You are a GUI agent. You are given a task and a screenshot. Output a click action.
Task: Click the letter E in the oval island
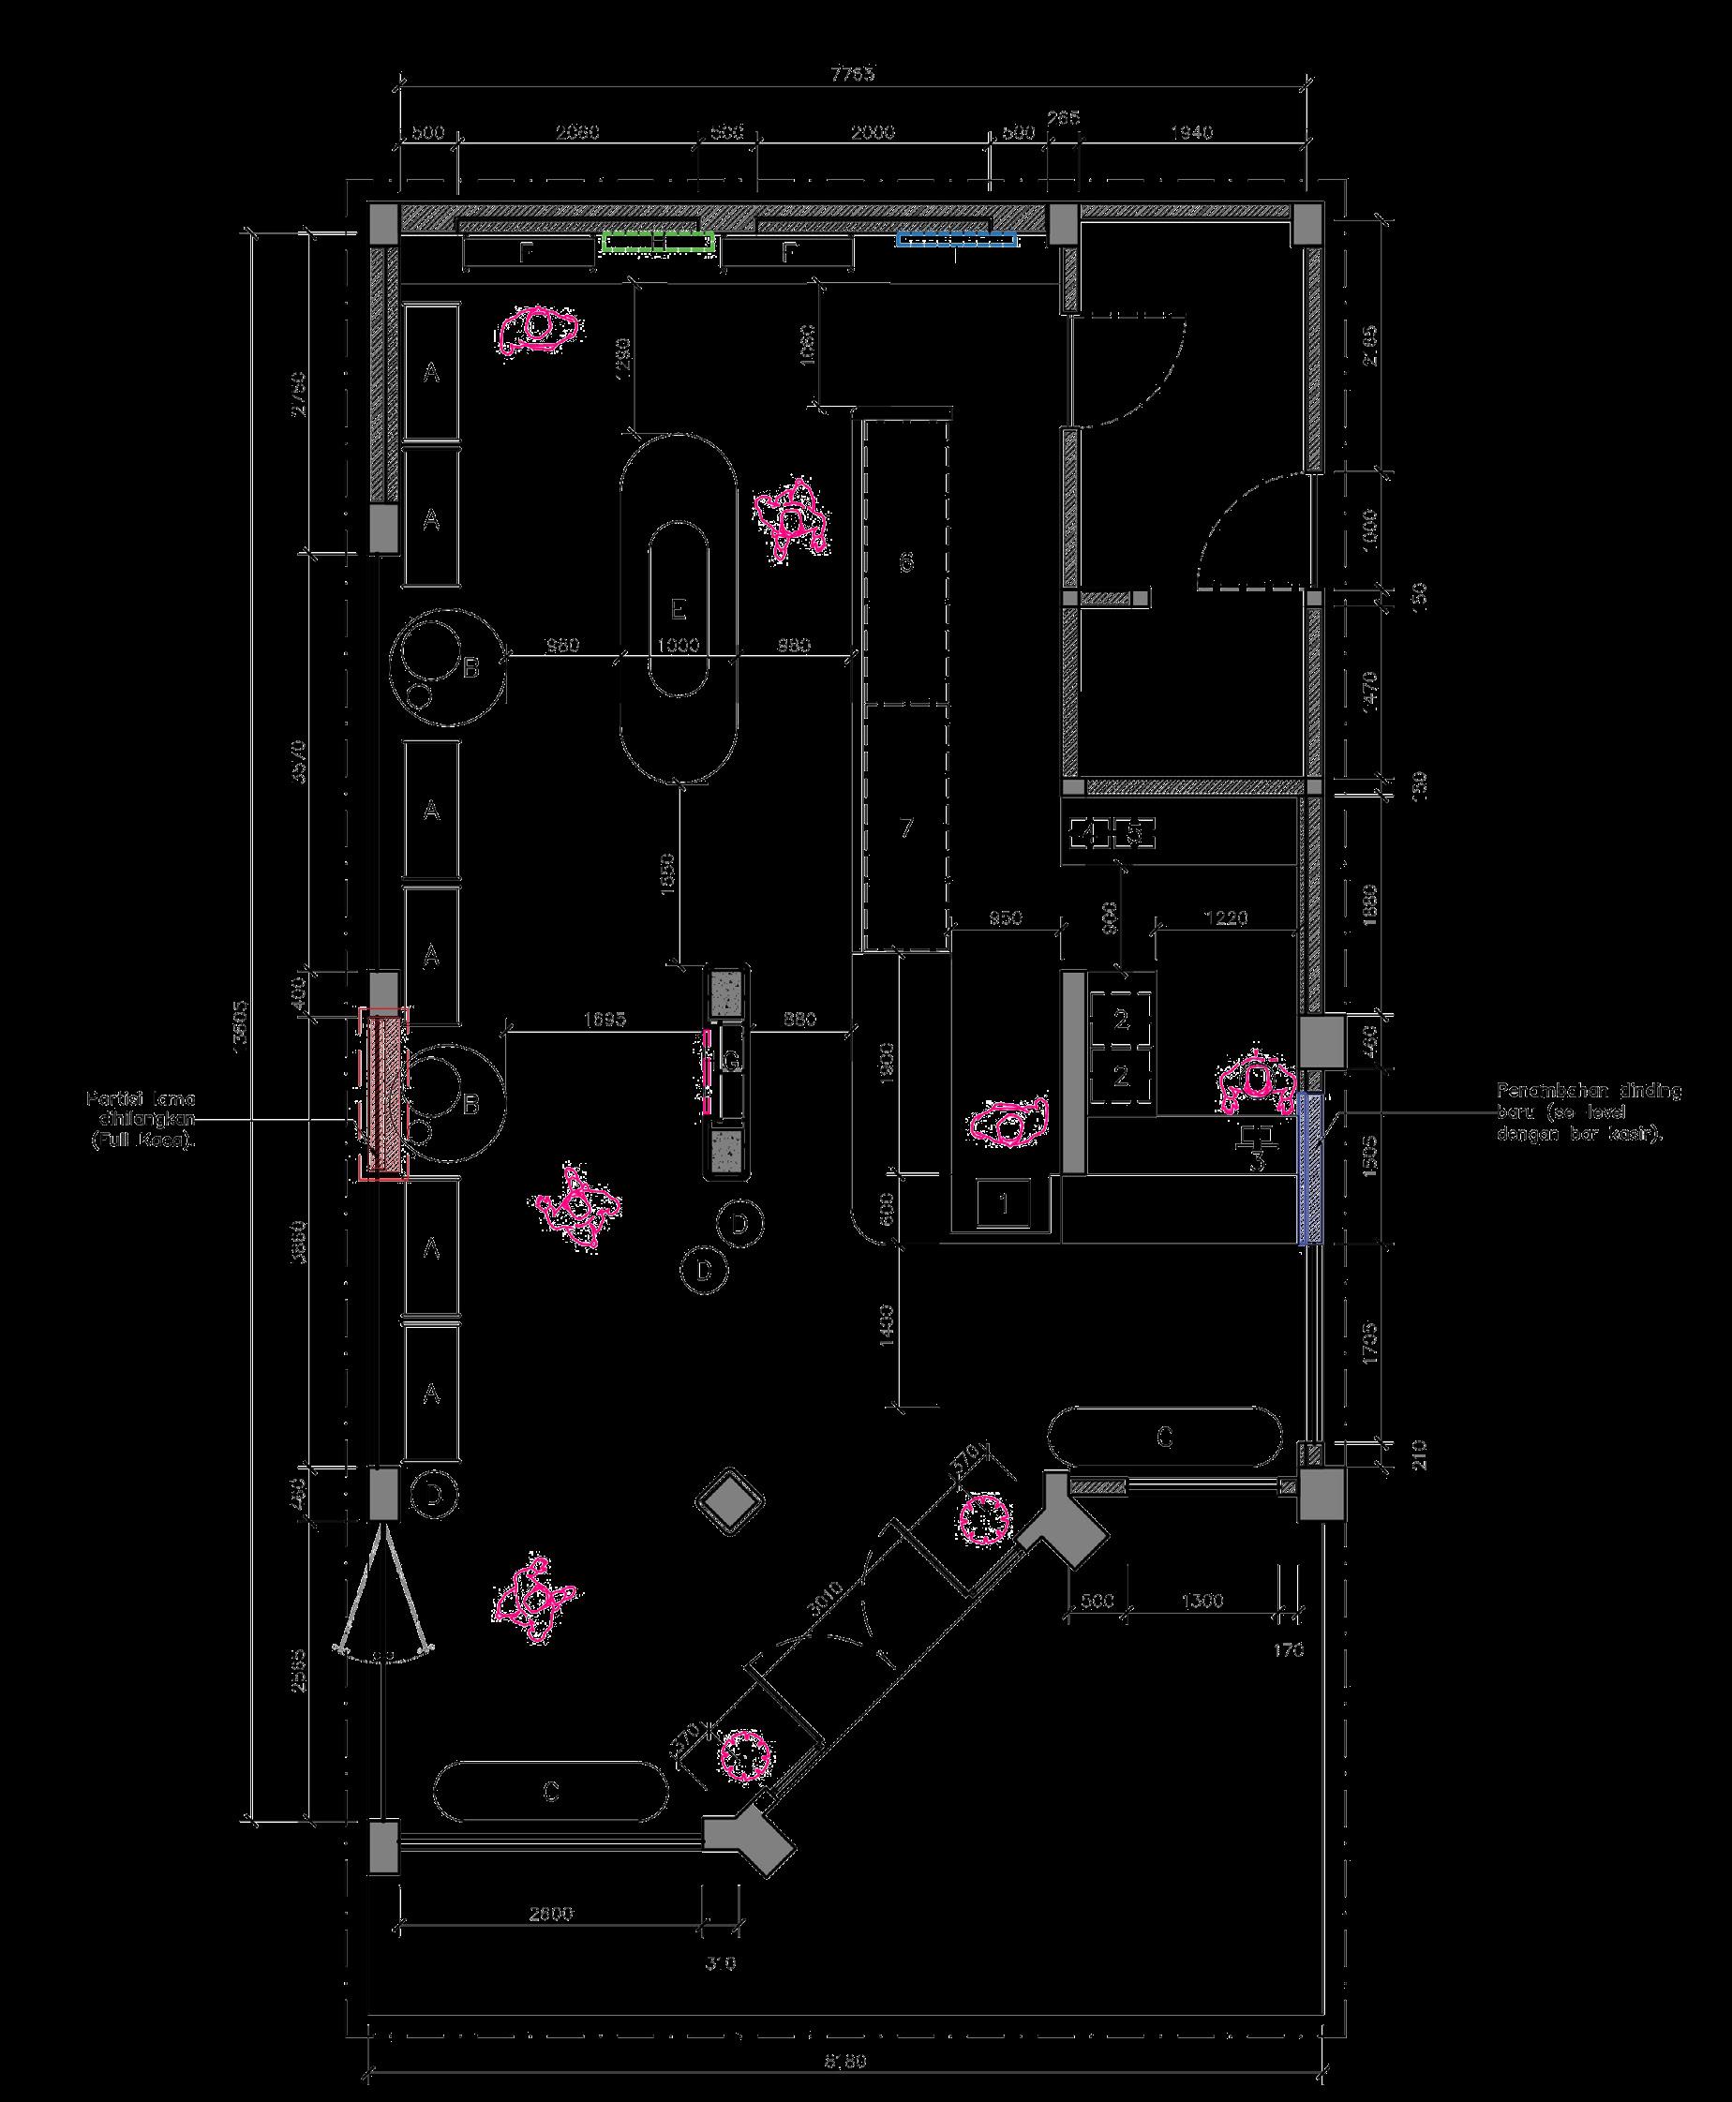point(679,608)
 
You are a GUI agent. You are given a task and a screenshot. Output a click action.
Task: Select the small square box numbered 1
point(1005,1203)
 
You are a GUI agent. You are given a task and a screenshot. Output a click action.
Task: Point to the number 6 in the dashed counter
point(906,562)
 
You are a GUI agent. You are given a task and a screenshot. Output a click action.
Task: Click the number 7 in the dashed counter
point(906,828)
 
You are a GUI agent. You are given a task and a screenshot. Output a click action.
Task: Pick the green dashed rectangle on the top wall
point(659,241)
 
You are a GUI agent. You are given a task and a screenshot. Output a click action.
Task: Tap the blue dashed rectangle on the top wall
point(956,239)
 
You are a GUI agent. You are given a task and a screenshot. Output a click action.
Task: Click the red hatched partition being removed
point(384,1094)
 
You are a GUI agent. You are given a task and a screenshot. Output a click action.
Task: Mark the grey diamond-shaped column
point(731,1498)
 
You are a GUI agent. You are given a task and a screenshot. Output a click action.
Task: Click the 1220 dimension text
point(1226,918)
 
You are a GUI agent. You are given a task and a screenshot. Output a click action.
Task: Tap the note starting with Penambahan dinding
point(1589,1113)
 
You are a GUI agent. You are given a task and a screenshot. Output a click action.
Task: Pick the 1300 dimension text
point(1202,1602)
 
